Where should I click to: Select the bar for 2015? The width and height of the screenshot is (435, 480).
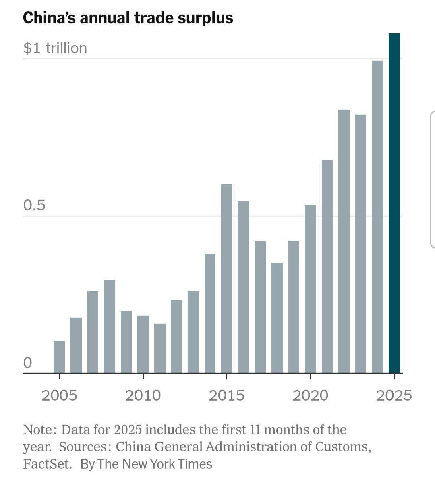coord(227,278)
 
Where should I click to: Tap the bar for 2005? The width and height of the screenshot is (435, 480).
coord(59,357)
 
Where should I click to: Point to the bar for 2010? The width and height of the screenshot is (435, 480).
coord(143,344)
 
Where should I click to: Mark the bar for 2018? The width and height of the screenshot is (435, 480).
coord(277,318)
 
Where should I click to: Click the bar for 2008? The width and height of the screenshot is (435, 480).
coord(110,326)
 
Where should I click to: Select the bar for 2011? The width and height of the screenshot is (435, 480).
coord(160,348)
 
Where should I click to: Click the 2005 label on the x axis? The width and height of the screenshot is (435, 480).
coord(59,395)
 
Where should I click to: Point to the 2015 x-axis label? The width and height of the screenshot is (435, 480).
coord(227,395)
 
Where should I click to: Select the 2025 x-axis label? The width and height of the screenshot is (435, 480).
coord(394,395)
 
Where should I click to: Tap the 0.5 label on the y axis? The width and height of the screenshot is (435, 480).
coord(34,206)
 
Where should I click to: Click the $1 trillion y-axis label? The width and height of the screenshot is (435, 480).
coord(55,48)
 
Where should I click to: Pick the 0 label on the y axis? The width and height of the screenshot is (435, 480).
coord(27,363)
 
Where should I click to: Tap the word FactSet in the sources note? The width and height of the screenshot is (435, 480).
coord(47,464)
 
